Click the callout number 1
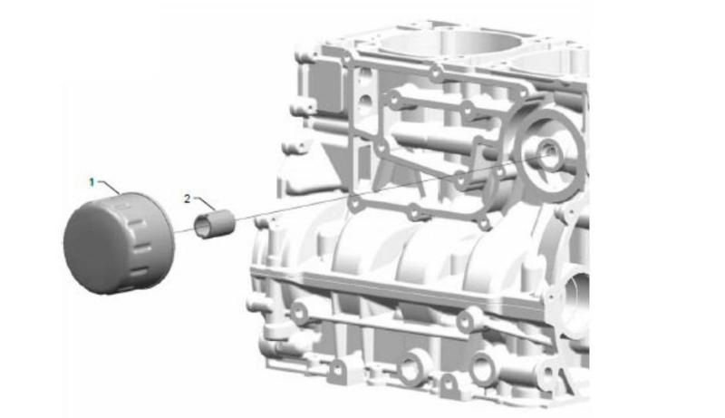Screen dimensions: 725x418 [92, 182]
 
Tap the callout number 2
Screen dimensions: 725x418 [187, 199]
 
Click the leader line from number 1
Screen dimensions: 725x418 [110, 187]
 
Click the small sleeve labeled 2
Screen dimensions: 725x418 [214, 224]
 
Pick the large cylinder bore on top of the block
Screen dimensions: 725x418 [450, 41]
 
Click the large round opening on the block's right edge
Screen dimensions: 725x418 [576, 300]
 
